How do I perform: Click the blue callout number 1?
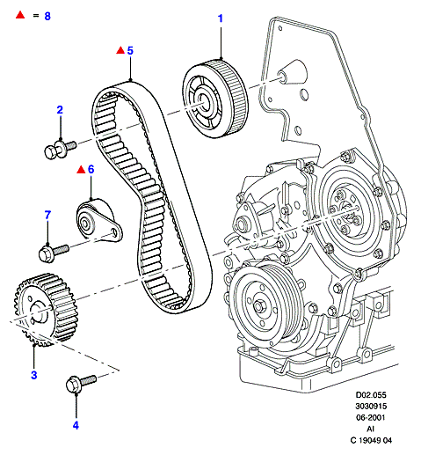(221, 18)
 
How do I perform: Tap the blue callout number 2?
(60, 110)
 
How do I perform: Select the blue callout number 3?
(34, 375)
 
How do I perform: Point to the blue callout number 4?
(76, 425)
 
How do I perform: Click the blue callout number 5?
(130, 50)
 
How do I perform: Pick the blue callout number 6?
(91, 169)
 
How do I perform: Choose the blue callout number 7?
(47, 215)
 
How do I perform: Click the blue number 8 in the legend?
(47, 16)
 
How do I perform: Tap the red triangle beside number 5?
(120, 50)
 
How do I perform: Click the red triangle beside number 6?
(81, 170)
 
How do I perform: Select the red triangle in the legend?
(20, 15)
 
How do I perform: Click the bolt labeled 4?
(81, 383)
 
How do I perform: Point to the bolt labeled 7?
(54, 253)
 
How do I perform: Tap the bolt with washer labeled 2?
(60, 149)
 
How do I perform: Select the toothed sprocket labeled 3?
(46, 310)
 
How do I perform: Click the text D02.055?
(371, 395)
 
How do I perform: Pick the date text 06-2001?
(371, 417)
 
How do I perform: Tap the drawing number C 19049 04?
(371, 440)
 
